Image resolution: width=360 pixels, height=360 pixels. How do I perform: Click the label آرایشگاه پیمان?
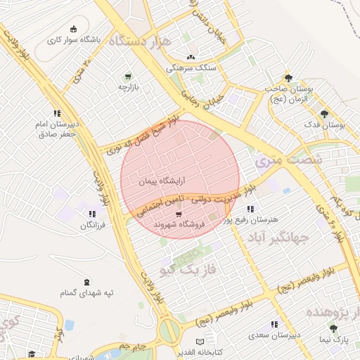tap(146, 181)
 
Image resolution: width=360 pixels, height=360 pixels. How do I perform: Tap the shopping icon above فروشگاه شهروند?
tap(179, 214)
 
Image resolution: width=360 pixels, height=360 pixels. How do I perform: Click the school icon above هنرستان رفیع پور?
tap(250, 209)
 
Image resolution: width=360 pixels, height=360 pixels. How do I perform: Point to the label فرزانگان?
tap(92, 226)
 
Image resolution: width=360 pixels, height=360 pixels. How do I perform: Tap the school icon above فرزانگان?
tap(92, 214)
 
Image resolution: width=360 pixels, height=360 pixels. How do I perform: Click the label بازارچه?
tap(128, 88)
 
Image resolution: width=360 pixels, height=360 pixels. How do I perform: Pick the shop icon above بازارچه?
tap(127, 77)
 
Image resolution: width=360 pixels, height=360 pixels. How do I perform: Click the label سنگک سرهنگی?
tap(190, 68)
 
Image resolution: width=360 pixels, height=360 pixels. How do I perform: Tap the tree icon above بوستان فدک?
tap(324, 113)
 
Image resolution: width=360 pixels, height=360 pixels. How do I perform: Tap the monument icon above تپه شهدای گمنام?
tap(86, 281)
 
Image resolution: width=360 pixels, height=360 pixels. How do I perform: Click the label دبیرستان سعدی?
tap(275, 335)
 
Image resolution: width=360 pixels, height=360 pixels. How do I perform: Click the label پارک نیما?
tap(334, 340)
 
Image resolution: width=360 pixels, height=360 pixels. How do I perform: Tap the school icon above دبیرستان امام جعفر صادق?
tap(57, 113)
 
